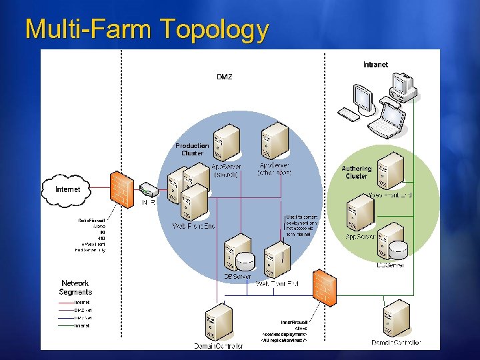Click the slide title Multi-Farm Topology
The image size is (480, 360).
point(147,29)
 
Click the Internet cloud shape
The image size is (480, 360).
point(67,189)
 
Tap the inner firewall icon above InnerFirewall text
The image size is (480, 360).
point(324,287)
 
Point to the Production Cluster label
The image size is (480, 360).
point(192,149)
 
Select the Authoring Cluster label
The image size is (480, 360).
point(356,173)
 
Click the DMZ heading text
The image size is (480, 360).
point(225,77)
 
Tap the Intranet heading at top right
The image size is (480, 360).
point(375,65)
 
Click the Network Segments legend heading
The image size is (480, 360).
point(76,287)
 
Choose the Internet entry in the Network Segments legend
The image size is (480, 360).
point(82,303)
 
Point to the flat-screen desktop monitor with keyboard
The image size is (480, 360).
point(360,101)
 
